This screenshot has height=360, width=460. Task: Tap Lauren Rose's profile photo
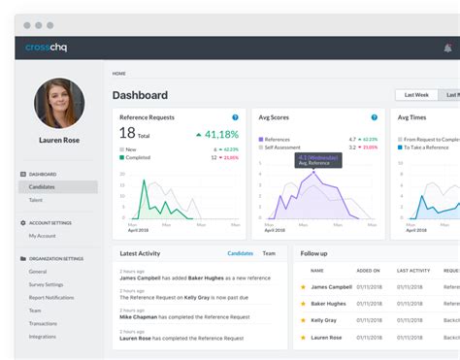[x=59, y=104]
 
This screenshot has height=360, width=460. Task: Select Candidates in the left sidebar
[x=42, y=186]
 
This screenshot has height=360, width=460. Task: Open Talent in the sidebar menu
[x=36, y=199]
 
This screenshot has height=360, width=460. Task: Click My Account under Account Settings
[x=43, y=236]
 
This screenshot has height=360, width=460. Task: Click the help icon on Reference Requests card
[x=235, y=117]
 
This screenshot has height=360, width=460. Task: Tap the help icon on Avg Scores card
[x=374, y=117]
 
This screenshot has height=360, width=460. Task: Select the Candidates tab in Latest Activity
[x=240, y=253]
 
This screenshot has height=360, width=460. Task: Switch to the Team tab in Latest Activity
[x=269, y=253]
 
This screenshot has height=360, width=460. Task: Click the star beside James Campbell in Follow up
[x=303, y=287]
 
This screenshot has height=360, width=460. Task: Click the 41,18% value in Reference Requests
[x=222, y=135]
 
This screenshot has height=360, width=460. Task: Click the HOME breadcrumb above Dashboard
[x=118, y=74]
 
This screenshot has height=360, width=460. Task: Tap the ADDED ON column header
[x=369, y=271]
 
